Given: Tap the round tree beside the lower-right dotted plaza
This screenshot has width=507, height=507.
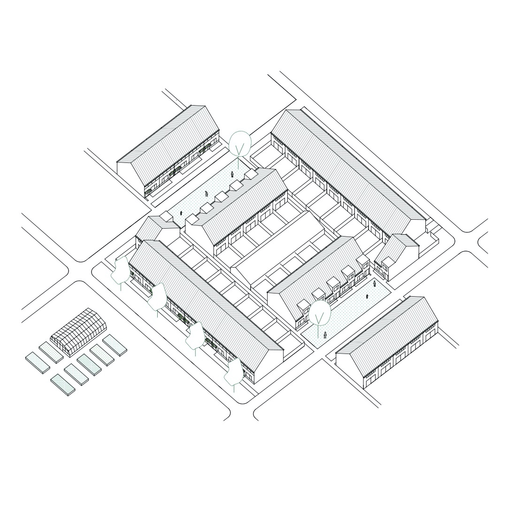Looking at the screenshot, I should [x=320, y=314].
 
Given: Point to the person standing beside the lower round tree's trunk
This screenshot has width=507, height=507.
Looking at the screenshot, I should [x=325, y=334].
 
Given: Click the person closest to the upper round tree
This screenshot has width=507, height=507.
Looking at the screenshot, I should [x=232, y=174].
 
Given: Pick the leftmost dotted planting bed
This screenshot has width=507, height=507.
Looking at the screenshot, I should [x=38, y=363].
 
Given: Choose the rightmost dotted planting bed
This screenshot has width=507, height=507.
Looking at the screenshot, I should [x=115, y=345].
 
